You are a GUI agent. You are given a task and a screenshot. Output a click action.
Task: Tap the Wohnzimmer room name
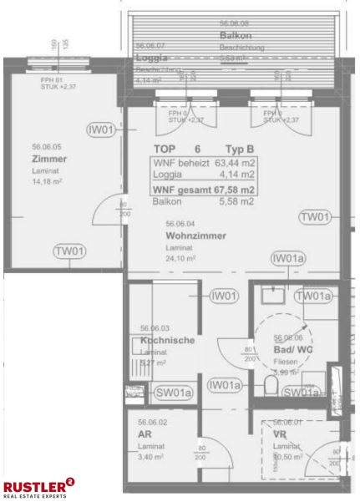195,236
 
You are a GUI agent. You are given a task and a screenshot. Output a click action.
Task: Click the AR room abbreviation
145,434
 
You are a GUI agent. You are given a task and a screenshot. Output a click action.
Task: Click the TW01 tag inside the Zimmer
69,251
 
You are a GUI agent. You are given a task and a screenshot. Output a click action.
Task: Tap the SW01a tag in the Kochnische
174,393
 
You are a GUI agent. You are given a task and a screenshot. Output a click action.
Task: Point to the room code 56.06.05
48,145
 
